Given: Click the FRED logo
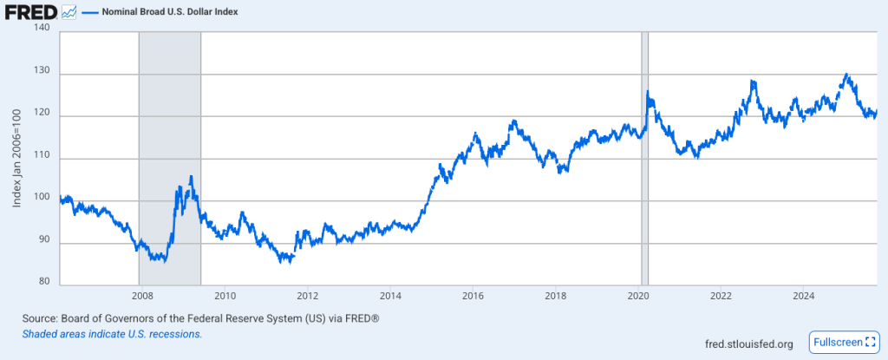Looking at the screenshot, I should [x=31, y=13].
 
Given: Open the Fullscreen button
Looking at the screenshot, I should [x=842, y=343].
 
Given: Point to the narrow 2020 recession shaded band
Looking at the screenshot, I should [x=644, y=156].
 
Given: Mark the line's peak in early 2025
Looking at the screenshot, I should [x=846, y=75].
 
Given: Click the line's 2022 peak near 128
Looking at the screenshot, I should [x=753, y=82].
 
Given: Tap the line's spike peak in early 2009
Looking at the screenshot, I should [x=191, y=177].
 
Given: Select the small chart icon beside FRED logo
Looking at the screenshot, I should [x=69, y=13].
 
